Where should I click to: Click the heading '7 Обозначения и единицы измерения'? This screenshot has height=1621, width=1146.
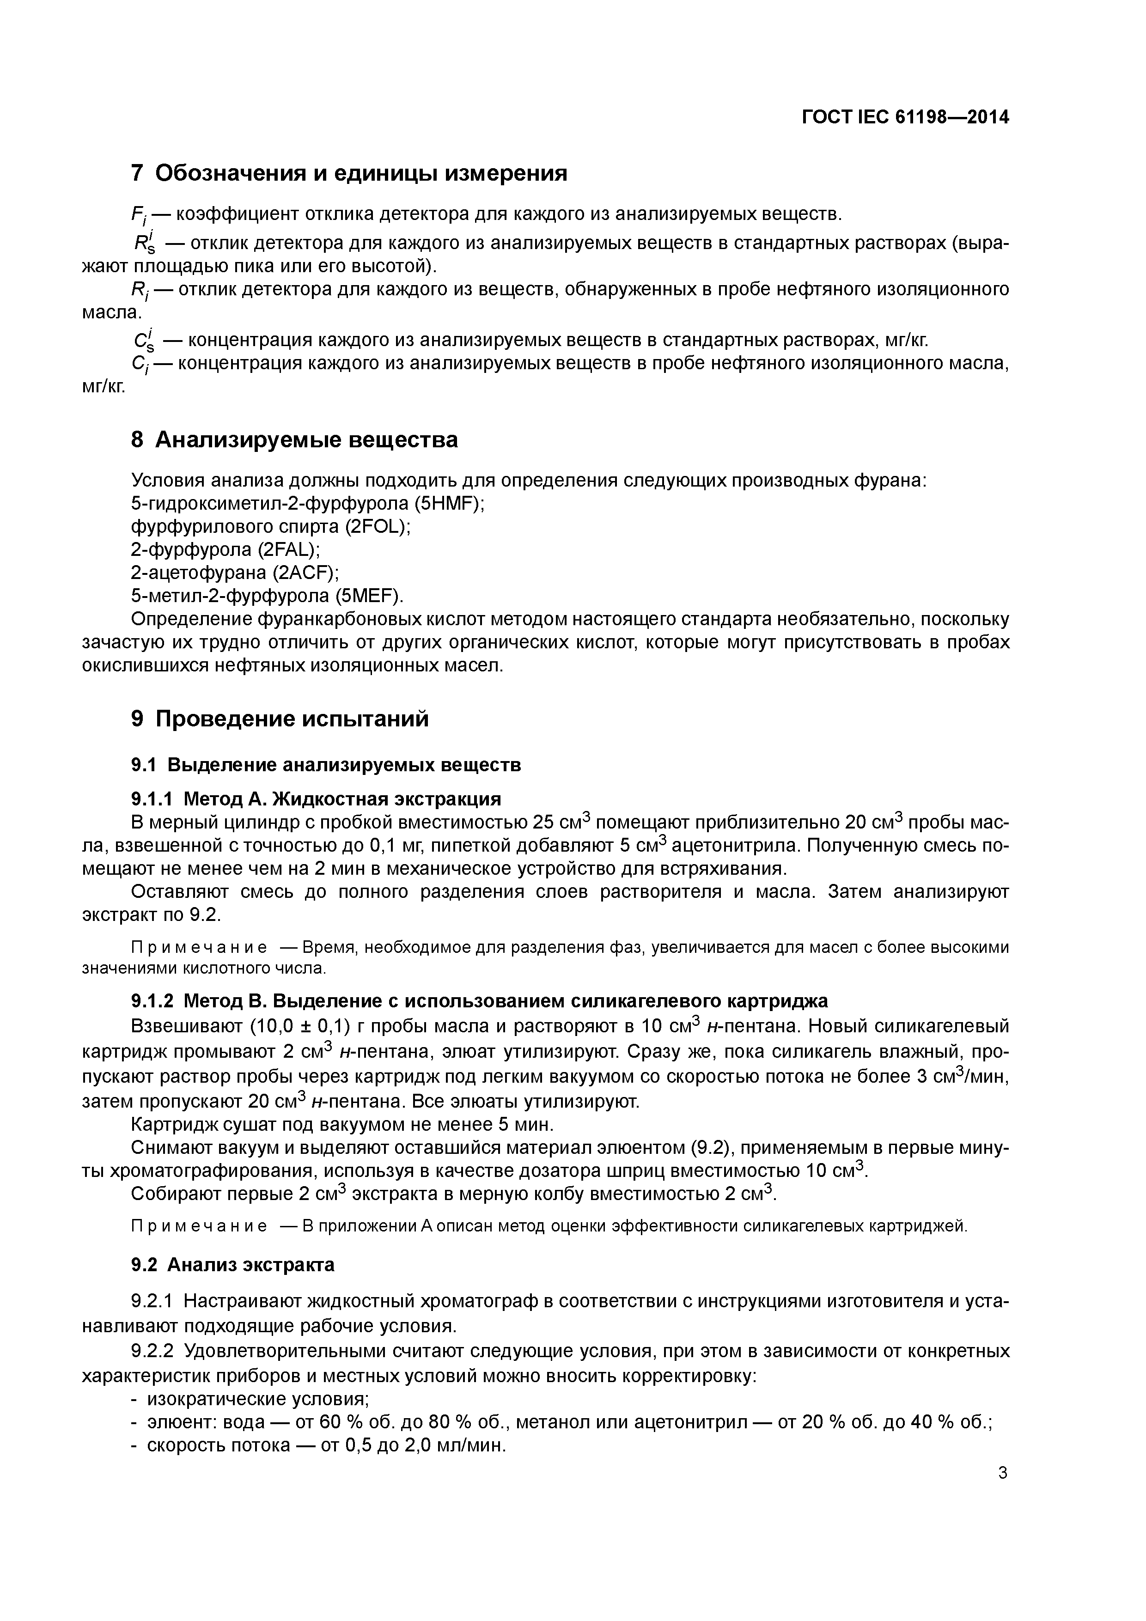(x=349, y=173)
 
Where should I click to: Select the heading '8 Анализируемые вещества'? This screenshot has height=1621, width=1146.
(x=294, y=440)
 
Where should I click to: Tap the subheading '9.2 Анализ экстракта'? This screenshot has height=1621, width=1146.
(x=233, y=1264)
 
